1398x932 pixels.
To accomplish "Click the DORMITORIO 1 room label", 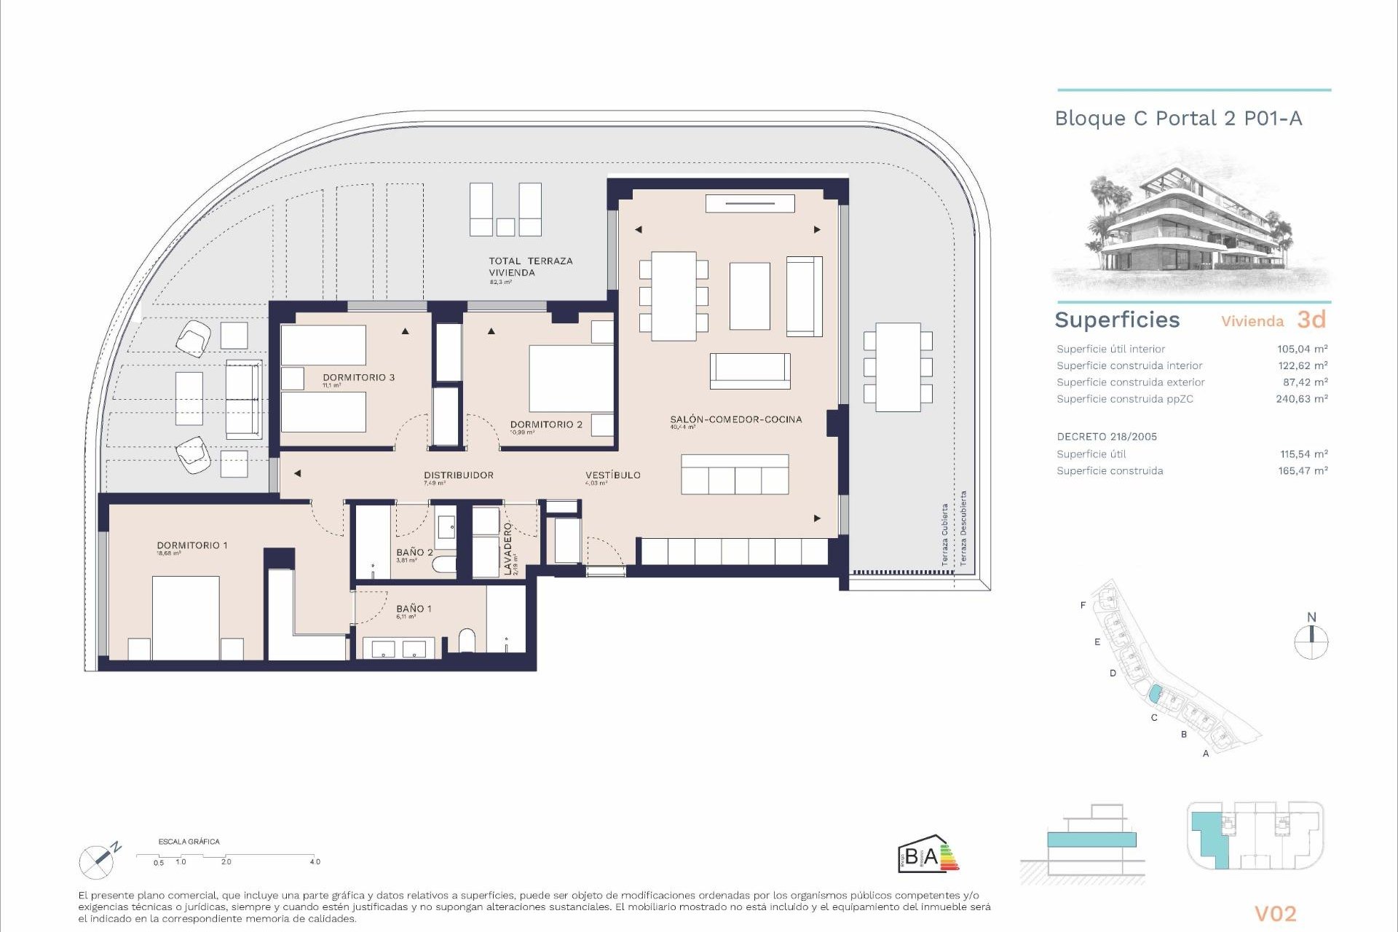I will pos(192,545).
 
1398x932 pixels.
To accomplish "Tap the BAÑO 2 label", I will pos(414,553).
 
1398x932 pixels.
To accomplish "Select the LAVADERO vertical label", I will pos(508,548).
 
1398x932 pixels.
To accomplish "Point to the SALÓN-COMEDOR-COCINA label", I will pos(735,419).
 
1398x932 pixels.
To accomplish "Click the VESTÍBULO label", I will pos(613,475).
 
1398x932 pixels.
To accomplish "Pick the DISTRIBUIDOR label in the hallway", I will pos(459,475).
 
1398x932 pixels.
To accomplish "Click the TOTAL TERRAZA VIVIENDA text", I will pos(530,266).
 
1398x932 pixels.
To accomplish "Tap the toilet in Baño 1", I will pos(467,641).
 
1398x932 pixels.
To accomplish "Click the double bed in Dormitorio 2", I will pos(571,379).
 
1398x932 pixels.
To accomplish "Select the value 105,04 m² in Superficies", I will pos(1302,349).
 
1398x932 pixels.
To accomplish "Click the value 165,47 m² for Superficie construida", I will pos(1303,471).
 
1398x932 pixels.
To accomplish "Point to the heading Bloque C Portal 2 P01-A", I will pos(1178,119).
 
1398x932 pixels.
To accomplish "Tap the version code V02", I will pos(1275,914).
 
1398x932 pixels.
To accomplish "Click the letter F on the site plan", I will pos(1083,605).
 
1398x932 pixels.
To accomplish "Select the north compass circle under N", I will pos(1311,643).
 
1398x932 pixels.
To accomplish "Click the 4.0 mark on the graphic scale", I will pos(315,861).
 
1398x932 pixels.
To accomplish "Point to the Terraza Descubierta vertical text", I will pos(963,528).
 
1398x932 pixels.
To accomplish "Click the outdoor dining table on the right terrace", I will pos(898,368).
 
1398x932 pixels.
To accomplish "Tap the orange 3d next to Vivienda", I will pos(1311,320).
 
